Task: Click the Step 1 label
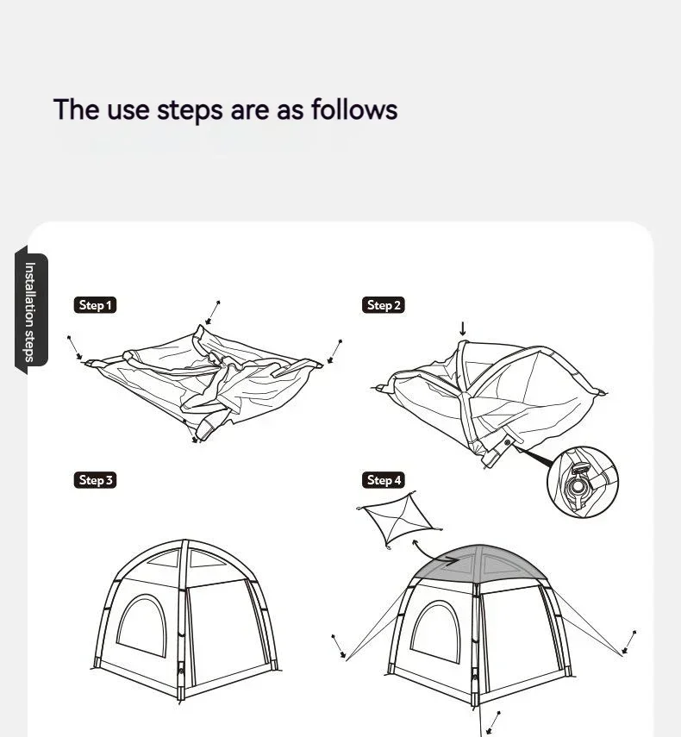pos(95,305)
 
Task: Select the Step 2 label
pos(384,305)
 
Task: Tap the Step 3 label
pos(95,480)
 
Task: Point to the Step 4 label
pos(384,480)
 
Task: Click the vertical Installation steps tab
pos(30,311)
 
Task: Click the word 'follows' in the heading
pos(354,109)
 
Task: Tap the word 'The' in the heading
pos(76,109)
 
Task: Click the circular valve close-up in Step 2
pos(583,482)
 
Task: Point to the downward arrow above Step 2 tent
pos(463,329)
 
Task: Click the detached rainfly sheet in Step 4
pos(399,519)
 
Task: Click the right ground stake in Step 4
pos(629,643)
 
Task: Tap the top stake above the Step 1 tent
pos(213,312)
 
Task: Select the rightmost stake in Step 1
pos(335,352)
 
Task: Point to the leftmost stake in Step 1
pos(75,348)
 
